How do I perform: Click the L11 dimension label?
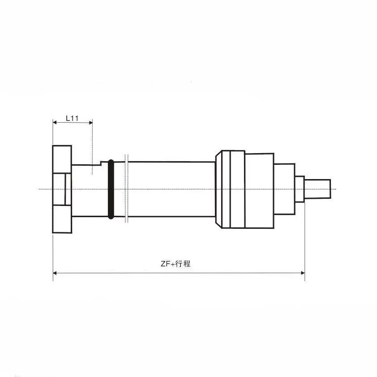pyautogui.click(x=72, y=118)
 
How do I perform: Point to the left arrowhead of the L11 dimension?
pyautogui.click(x=55, y=122)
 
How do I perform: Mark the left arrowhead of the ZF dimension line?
pyautogui.click(x=55, y=272)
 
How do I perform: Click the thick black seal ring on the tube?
pyautogui.click(x=111, y=189)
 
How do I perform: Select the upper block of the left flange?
pyautogui.click(x=62, y=159)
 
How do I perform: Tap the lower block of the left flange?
pyautogui.click(x=62, y=219)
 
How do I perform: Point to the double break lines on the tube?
pyautogui.click(x=127, y=189)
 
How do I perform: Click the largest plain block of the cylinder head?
pyautogui.click(x=259, y=189)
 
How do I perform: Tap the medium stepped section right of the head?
pyautogui.click(x=284, y=189)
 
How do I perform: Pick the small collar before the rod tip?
pyautogui.click(x=300, y=189)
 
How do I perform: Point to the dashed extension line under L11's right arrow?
pyautogui.click(x=92, y=148)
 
